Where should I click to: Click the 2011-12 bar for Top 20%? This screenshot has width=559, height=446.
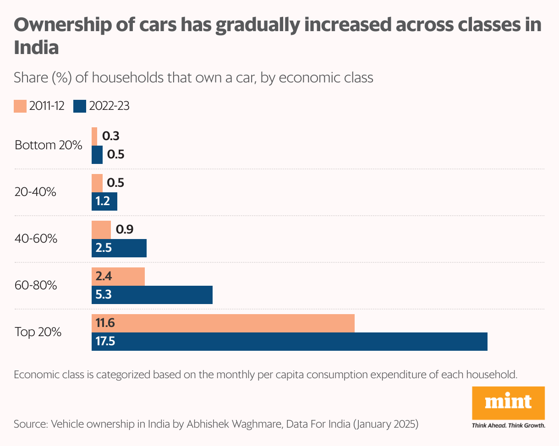coord(223,323)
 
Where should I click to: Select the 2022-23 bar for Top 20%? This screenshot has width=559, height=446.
coord(290,342)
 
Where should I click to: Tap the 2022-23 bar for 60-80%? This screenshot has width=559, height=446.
coord(152,295)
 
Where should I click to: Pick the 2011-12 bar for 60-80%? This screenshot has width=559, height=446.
coord(118,277)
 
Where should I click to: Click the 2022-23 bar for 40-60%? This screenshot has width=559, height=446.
coord(119,248)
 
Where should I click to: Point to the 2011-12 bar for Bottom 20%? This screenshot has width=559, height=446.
coord(94,136)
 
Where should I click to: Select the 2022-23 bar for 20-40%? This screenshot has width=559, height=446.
coord(104,201)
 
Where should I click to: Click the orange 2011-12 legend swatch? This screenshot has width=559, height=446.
coord(20,106)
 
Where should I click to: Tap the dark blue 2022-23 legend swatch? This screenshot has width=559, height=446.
coord(80,106)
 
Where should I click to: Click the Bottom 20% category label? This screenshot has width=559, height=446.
coord(49,146)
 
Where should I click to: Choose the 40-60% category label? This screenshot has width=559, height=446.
coord(36,239)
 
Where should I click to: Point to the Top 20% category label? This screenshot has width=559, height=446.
coord(38,332)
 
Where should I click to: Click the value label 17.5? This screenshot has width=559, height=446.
coord(105,342)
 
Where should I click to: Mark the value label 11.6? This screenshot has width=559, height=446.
coord(105,323)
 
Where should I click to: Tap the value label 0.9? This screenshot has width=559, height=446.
coord(125,229)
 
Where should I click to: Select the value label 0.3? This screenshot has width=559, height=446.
coord(111,136)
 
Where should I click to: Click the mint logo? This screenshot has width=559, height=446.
coord(508,402)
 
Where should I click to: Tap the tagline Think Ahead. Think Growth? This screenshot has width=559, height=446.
coord(508,425)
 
